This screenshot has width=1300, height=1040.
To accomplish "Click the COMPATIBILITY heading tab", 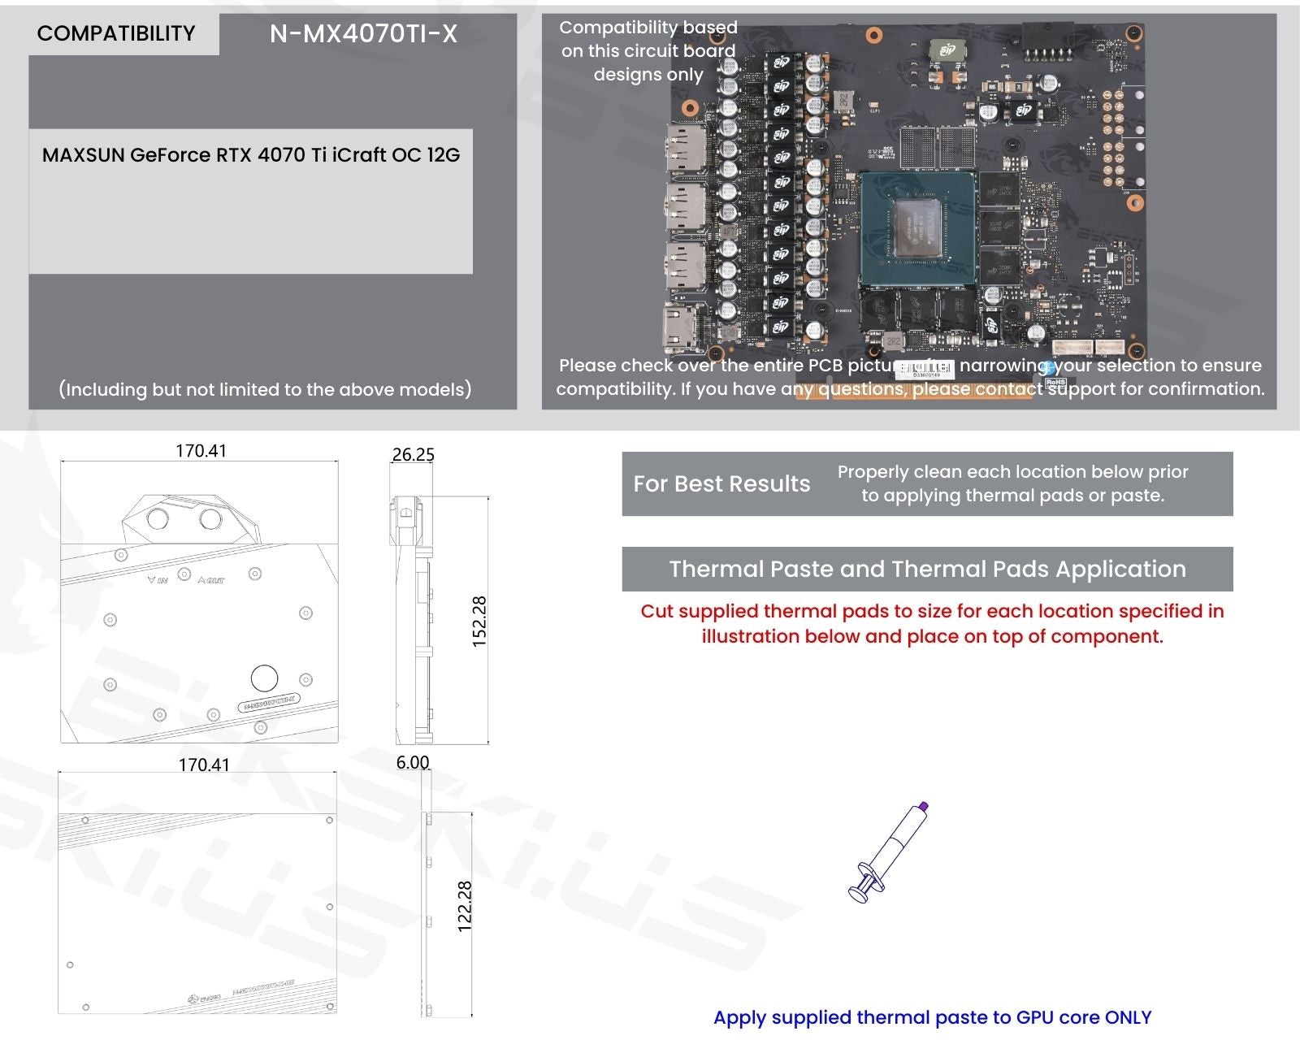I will point(116,33).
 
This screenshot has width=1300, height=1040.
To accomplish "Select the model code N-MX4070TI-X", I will point(363,33).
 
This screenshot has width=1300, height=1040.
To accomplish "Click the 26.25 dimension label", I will point(413,454).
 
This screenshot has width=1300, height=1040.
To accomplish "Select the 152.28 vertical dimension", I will point(479,622).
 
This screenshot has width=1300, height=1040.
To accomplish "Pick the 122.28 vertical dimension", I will point(465,906).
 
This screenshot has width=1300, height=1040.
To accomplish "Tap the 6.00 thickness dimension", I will point(413,762).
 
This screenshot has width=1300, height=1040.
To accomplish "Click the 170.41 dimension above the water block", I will point(201,451).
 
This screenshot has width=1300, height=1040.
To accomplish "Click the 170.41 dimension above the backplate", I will point(204,765).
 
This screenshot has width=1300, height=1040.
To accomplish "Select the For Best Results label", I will point(721,484).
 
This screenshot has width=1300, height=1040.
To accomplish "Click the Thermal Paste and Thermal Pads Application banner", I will point(927,569).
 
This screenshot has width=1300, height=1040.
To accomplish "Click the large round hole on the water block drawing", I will point(264,678).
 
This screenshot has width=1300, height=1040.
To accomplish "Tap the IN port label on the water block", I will point(158,580).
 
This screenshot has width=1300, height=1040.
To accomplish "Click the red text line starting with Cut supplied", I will point(932,611).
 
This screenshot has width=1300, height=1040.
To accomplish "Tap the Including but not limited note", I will point(265,389).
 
